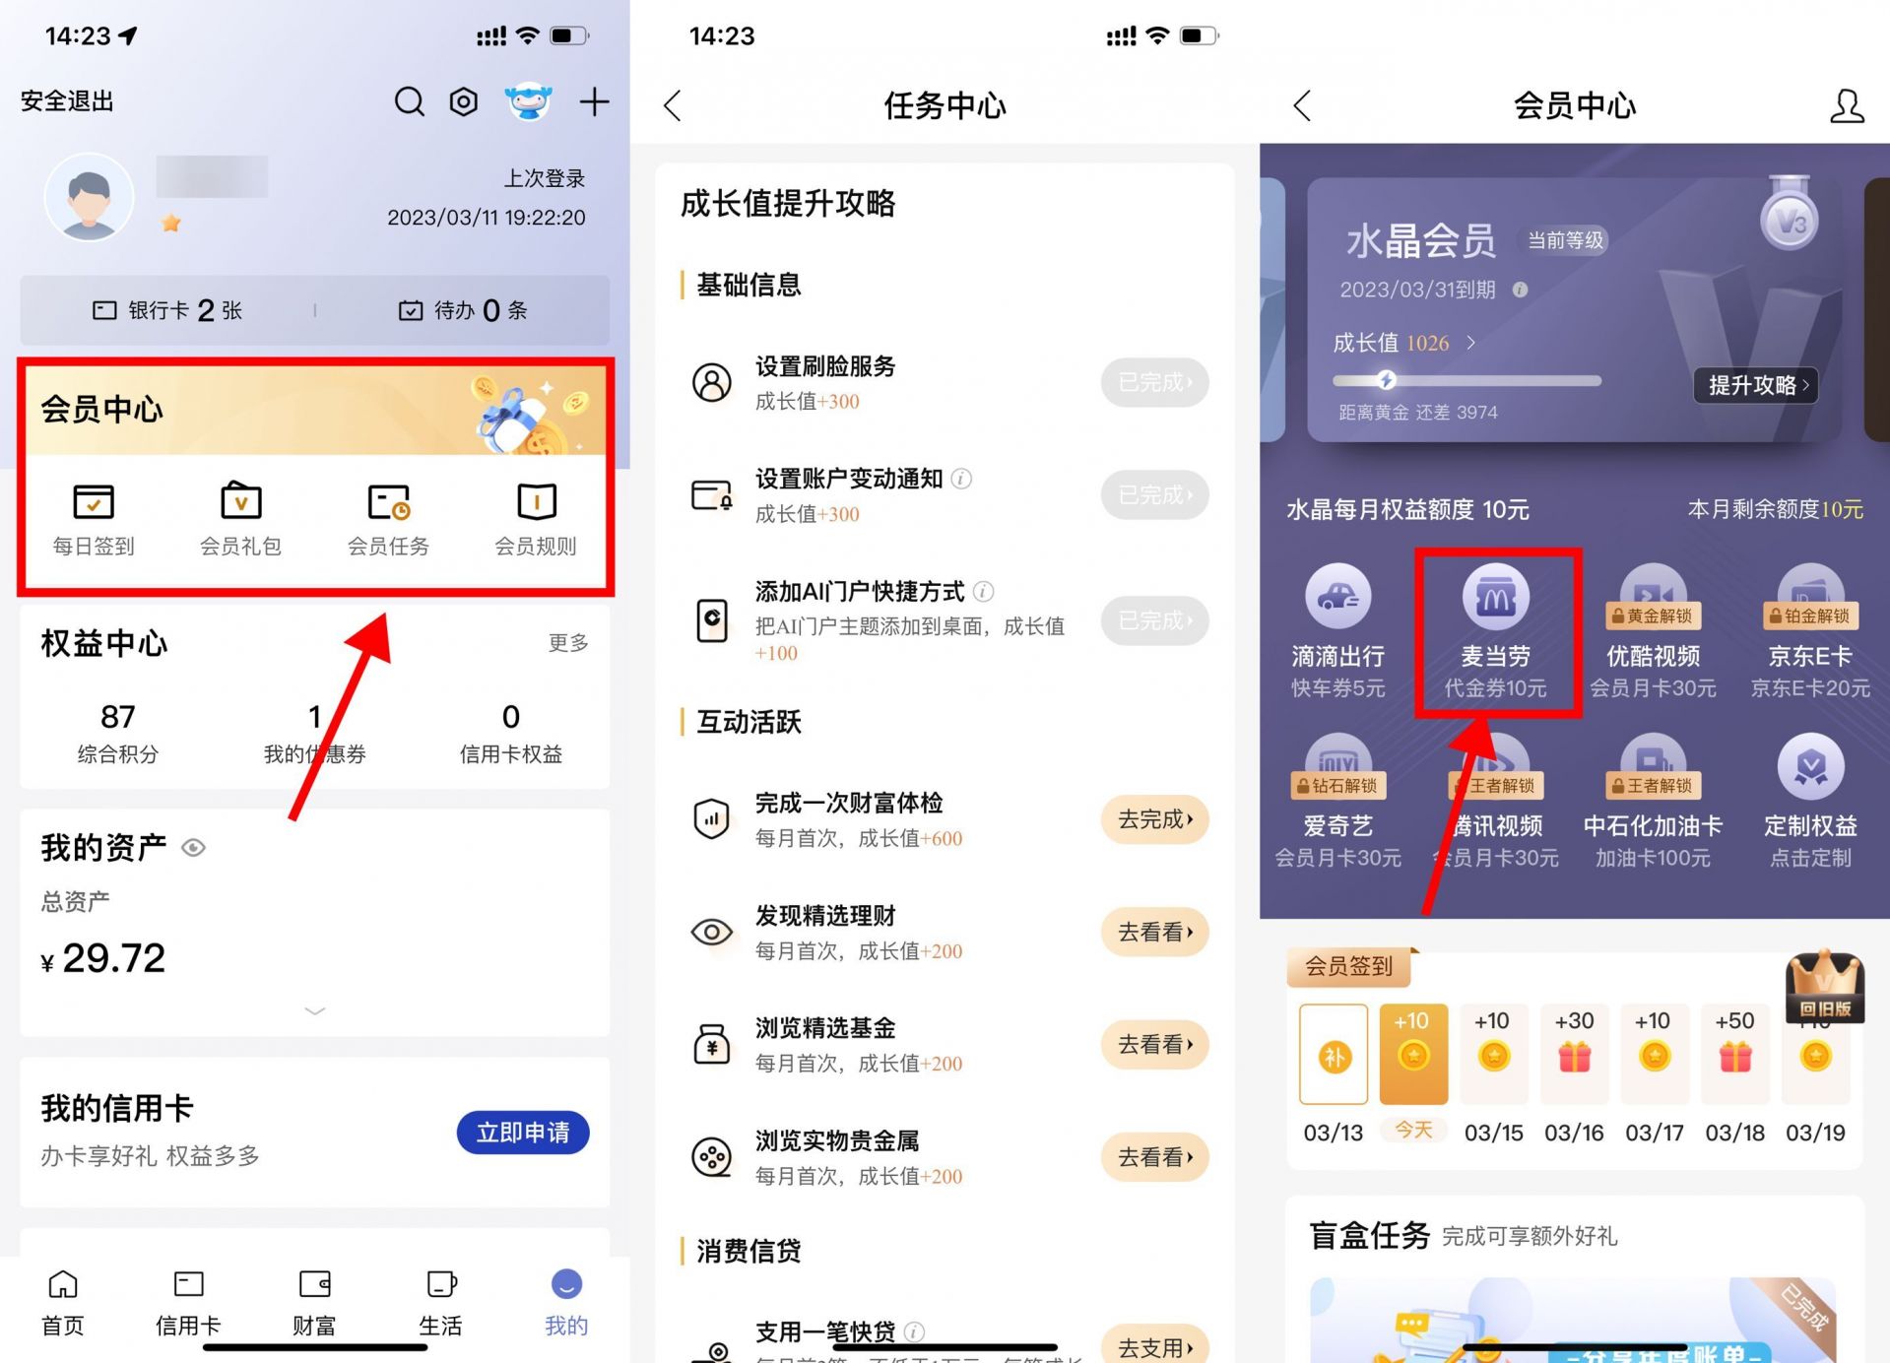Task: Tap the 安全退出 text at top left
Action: (x=67, y=101)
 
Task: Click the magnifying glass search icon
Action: (x=409, y=101)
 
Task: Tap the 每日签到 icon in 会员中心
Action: (x=94, y=501)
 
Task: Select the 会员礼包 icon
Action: (x=240, y=501)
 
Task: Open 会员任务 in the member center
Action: (x=388, y=501)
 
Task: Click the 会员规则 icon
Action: (x=536, y=501)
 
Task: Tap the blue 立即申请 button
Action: (x=522, y=1133)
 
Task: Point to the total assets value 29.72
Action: (x=113, y=958)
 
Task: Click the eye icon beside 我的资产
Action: (x=194, y=848)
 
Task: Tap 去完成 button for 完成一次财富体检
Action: (x=1154, y=819)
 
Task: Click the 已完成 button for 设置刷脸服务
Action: (x=1154, y=382)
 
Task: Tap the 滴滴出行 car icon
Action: (x=1337, y=597)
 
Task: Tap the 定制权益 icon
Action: (x=1810, y=767)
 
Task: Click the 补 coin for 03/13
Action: (x=1334, y=1058)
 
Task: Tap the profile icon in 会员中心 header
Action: (x=1847, y=105)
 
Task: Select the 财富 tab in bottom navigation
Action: (x=314, y=1300)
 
